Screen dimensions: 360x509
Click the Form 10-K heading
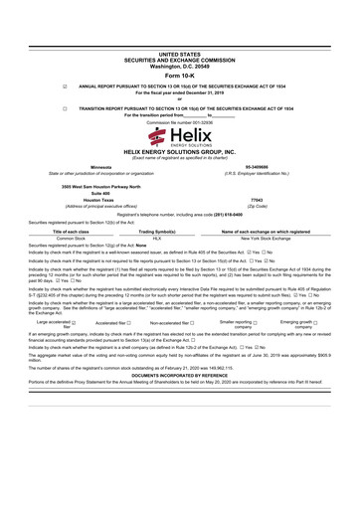click(179, 77)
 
